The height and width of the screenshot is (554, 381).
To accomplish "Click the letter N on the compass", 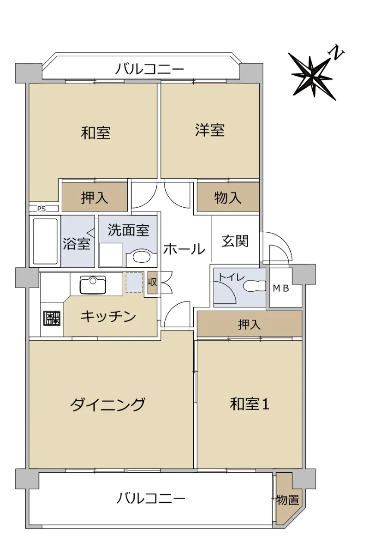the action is [336, 53].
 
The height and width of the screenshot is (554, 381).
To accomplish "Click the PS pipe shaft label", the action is [41, 209].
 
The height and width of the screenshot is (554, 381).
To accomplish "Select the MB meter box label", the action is [281, 288].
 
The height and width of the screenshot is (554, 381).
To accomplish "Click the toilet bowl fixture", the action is [254, 286].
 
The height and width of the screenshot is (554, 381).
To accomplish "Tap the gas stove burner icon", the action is [52, 318].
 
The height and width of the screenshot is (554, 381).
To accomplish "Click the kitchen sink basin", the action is [93, 285].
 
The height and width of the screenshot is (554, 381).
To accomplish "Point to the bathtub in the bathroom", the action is [45, 241].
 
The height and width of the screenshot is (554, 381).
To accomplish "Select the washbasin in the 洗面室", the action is [141, 257].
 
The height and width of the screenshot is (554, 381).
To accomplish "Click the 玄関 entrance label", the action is [234, 241].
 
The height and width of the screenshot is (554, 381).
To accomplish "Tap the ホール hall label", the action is [184, 248].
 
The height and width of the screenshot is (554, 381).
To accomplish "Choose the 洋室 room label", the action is [210, 130].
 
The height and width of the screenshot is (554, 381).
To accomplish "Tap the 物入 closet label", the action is [227, 198].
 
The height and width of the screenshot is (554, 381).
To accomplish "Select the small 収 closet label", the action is [152, 282].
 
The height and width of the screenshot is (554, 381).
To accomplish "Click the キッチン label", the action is [108, 317].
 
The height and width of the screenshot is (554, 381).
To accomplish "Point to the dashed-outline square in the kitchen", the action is [134, 283].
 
